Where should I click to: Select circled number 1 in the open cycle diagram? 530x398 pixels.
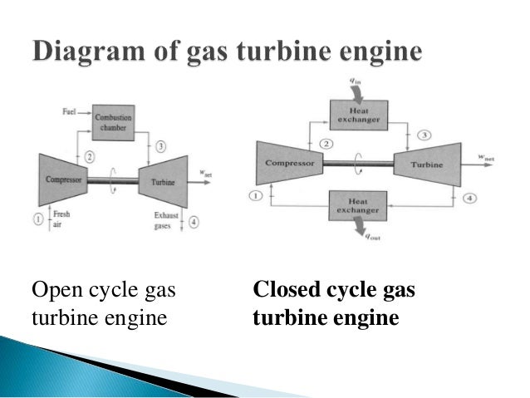point(37,219)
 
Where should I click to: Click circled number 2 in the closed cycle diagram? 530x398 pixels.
point(327,144)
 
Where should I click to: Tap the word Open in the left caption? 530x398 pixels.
point(52,291)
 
